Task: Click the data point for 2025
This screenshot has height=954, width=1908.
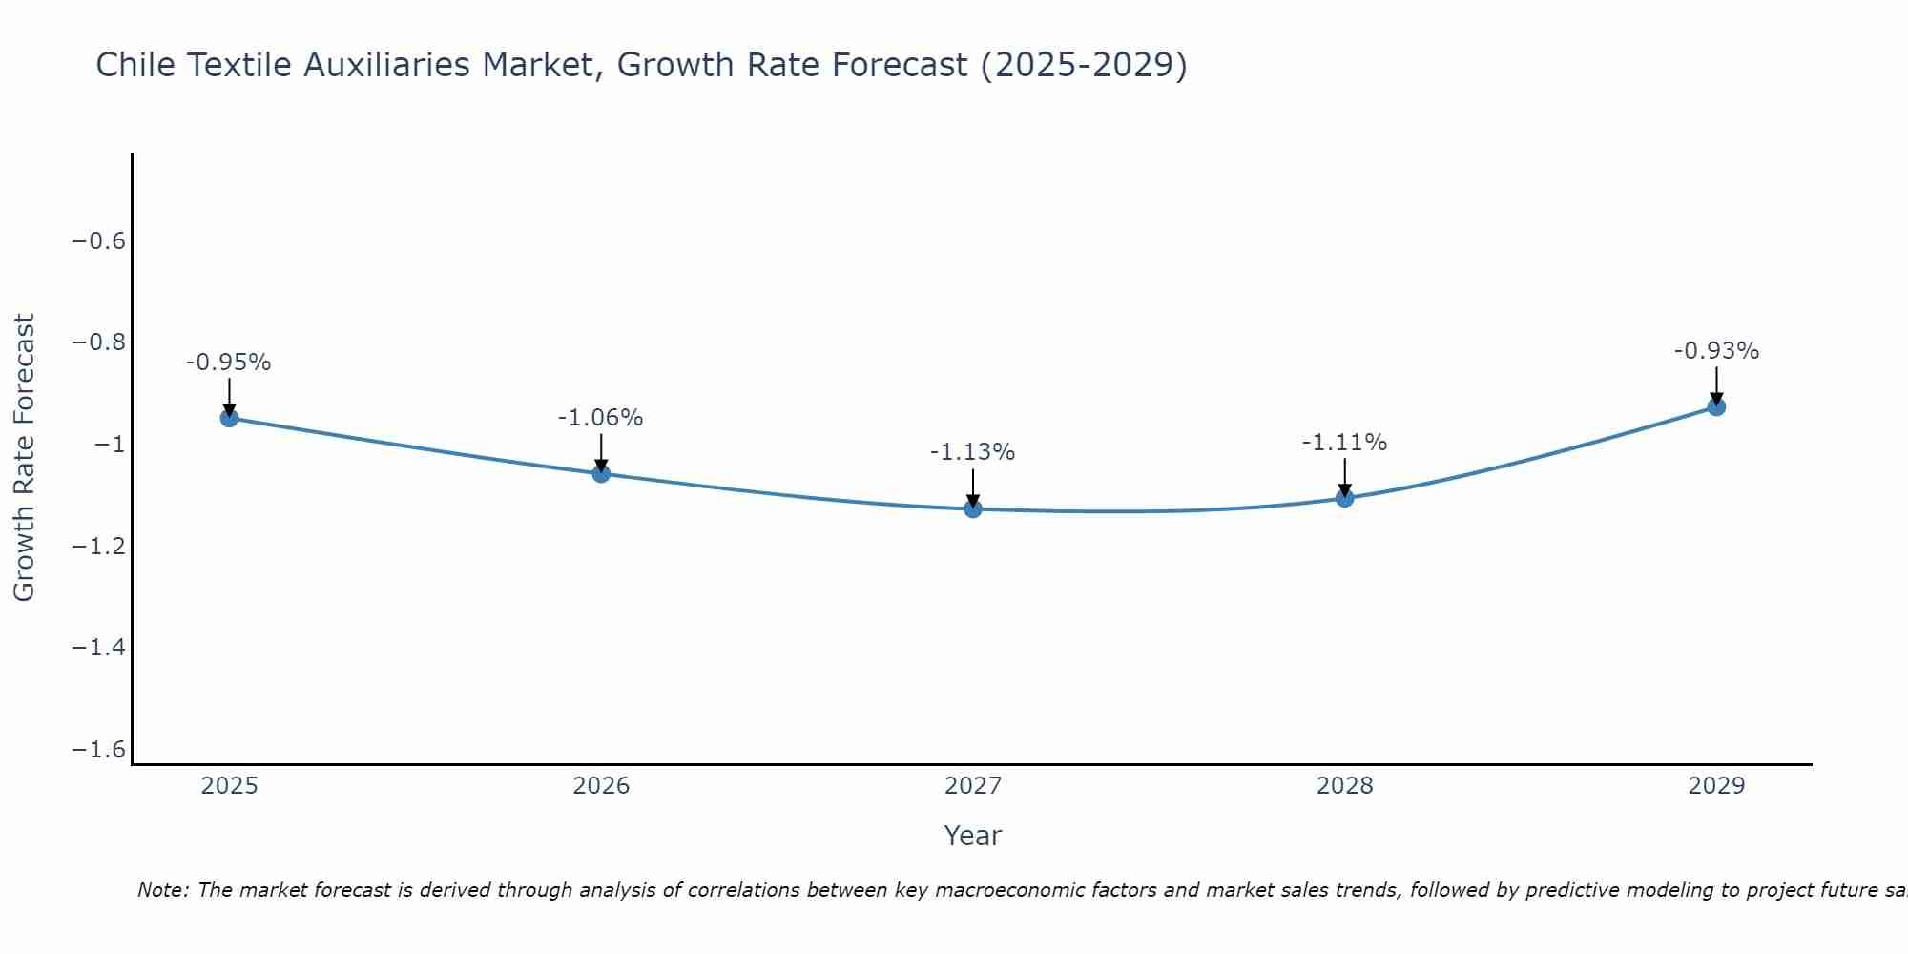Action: pos(229,418)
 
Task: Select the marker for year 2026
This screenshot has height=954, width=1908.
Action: pos(601,473)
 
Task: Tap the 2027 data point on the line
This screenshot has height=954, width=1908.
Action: pos(973,508)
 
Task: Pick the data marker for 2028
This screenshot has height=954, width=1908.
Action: pos(1345,498)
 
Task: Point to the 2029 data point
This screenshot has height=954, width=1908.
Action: pos(1716,407)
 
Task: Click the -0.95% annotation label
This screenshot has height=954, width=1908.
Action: pos(229,363)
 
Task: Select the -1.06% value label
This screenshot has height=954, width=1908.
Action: pos(601,418)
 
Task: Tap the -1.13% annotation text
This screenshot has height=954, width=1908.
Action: pos(973,452)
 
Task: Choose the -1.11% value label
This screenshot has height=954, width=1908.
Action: pos(1345,443)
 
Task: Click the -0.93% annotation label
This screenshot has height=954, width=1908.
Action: pos(1716,351)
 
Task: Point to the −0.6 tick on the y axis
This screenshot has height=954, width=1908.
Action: pos(99,240)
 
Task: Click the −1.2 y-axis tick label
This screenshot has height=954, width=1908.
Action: pos(99,546)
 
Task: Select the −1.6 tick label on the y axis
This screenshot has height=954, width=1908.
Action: pos(99,749)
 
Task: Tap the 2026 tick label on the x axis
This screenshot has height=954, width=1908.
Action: pos(601,786)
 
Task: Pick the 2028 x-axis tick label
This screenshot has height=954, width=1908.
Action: pos(1345,786)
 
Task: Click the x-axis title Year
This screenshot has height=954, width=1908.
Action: pos(973,836)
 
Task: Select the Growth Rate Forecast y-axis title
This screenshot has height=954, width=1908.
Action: pos(24,458)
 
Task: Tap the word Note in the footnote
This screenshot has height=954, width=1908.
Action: pos(162,890)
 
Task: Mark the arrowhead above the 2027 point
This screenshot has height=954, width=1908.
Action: pos(973,501)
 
